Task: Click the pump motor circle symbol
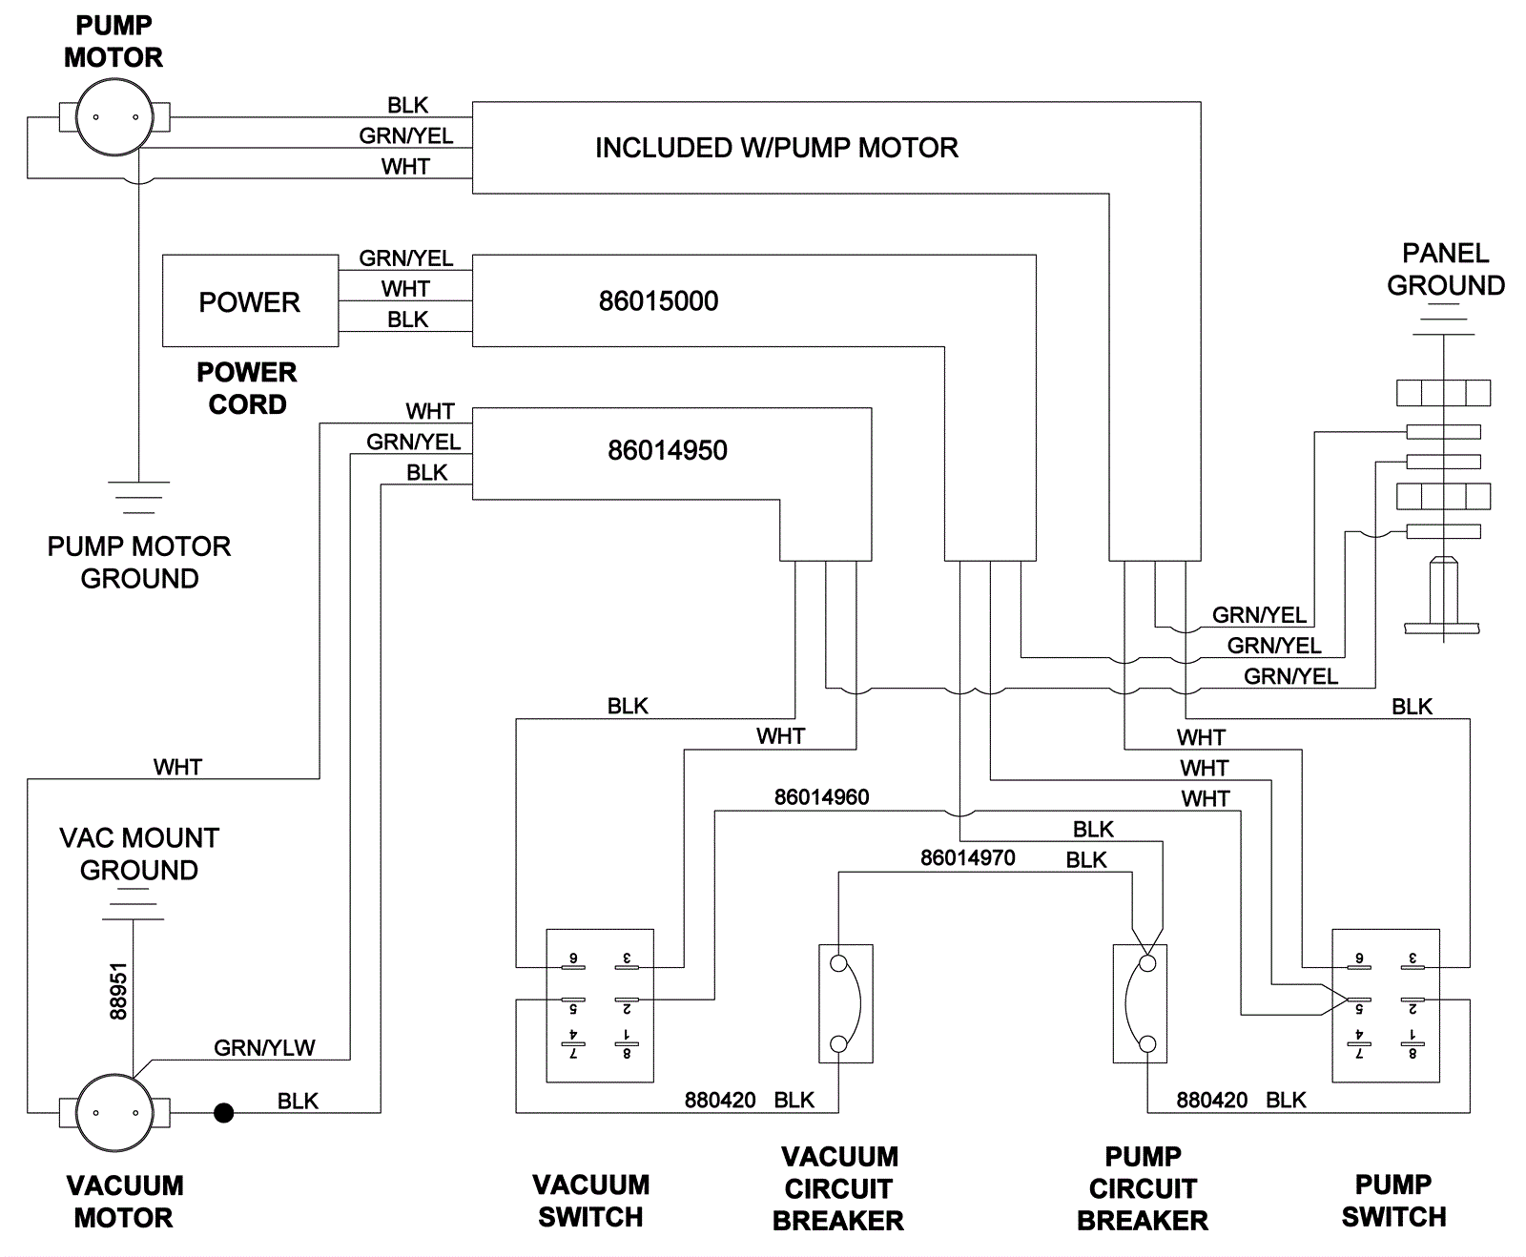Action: [114, 117]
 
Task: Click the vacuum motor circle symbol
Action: [114, 1112]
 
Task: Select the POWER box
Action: [250, 301]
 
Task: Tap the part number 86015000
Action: [658, 301]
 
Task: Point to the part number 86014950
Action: [668, 450]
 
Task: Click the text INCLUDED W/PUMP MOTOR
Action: [776, 148]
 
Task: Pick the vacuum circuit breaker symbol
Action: [846, 1003]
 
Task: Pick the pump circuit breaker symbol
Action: [1140, 1003]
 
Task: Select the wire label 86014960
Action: [821, 797]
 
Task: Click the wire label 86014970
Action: [967, 858]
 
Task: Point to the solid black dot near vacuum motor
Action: [223, 1112]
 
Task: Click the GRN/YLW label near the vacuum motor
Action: [264, 1047]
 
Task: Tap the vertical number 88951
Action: [118, 992]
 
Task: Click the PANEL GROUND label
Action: [1445, 269]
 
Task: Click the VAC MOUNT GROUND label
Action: [139, 854]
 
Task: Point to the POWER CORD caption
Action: [247, 388]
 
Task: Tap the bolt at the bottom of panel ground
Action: [1442, 596]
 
